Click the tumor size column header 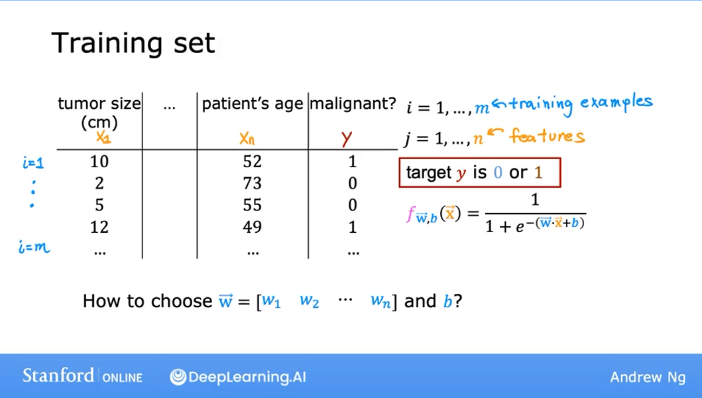99,112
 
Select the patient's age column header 253,103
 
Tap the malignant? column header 353,103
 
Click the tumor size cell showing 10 99,161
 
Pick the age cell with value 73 253,183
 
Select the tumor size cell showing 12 99,227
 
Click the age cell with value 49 253,227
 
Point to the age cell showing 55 253,205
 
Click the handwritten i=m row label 34,249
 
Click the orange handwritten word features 547,137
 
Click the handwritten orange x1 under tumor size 103,138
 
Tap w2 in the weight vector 309,301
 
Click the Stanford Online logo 82,376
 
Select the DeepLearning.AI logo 238,377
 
